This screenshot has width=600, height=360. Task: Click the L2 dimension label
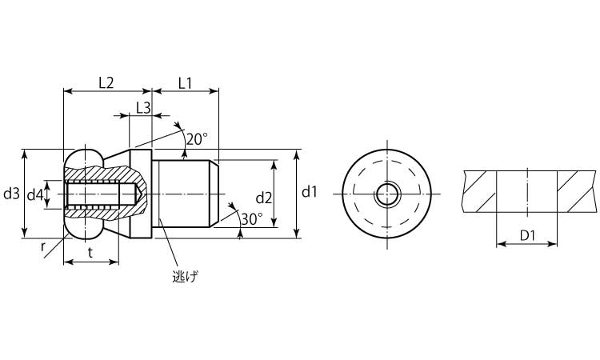click(x=106, y=82)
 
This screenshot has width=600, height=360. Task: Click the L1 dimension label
click(x=186, y=82)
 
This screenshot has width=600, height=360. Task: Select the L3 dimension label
click(x=143, y=108)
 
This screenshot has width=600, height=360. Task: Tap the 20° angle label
click(x=197, y=139)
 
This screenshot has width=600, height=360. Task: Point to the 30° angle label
click(x=251, y=219)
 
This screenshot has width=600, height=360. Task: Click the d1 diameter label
click(x=309, y=192)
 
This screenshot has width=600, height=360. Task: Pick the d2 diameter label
click(x=264, y=198)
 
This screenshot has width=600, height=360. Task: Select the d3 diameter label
click(x=11, y=194)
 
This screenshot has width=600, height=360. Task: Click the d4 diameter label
click(x=35, y=195)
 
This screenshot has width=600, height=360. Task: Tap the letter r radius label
click(x=43, y=247)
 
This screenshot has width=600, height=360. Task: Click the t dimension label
click(x=90, y=252)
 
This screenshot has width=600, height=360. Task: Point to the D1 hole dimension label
click(x=527, y=236)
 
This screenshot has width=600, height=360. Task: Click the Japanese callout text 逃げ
click(x=186, y=276)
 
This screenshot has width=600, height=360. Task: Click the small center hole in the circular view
click(x=387, y=194)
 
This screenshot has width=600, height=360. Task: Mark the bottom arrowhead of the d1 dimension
click(x=298, y=233)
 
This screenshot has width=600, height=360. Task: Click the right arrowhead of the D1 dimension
click(x=552, y=244)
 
